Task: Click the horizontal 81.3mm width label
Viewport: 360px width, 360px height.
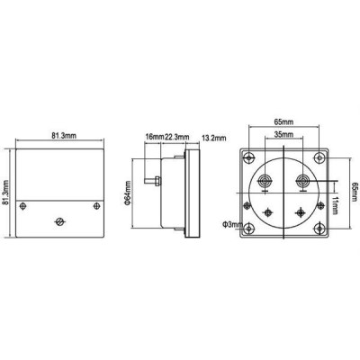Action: coord(64,135)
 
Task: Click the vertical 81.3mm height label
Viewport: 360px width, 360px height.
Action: coord(5,193)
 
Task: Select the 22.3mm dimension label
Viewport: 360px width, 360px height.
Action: coord(177,137)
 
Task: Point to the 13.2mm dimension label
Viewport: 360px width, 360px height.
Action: coord(214,138)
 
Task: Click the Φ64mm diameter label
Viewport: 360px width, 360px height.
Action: coord(127,193)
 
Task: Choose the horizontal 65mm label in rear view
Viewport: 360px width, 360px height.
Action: coord(283,121)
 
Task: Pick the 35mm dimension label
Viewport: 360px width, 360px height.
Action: coord(283,134)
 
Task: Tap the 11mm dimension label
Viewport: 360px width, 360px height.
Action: coord(335,205)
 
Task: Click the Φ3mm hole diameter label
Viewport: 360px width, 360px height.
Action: coord(232,224)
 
